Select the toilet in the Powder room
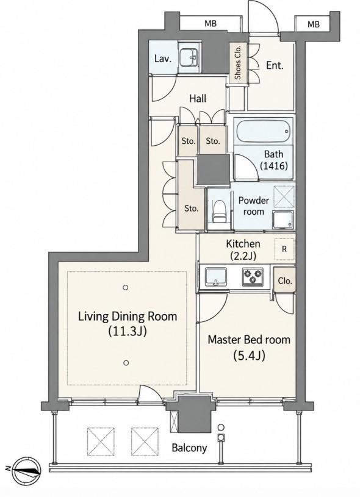(218, 212)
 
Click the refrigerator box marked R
(284, 249)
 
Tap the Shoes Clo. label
(238, 62)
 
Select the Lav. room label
(163, 59)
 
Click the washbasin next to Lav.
(189, 58)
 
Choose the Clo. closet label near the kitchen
(285, 281)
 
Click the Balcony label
(189, 448)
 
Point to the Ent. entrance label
(275, 66)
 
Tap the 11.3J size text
(128, 332)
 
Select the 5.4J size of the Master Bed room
(249, 356)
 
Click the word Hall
(198, 99)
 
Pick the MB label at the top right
(314, 24)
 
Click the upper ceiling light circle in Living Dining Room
(126, 288)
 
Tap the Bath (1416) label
(274, 160)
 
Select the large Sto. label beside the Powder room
(192, 209)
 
